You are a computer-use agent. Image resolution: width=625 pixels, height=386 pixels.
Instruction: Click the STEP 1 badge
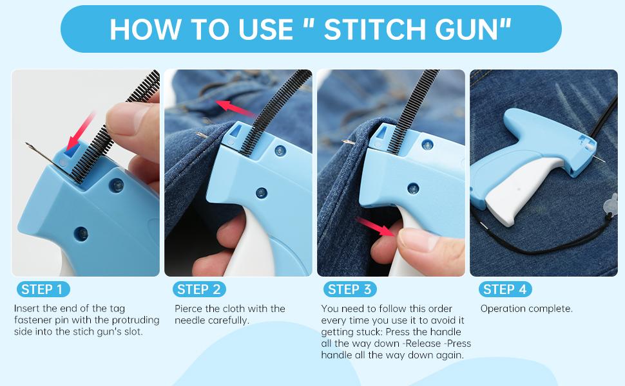(43, 289)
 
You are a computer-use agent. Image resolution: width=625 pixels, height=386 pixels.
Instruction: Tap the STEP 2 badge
(199, 289)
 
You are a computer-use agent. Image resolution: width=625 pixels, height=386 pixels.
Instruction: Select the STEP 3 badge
(350, 289)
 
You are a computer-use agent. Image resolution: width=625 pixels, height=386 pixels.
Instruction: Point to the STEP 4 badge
(505, 289)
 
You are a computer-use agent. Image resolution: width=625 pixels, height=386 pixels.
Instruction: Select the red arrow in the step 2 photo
(235, 108)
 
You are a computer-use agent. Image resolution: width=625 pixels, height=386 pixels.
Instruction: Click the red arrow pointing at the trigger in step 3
(375, 227)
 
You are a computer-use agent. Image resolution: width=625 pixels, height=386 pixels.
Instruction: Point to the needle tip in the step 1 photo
(26, 143)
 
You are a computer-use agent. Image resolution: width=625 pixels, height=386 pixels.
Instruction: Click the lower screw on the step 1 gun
(81, 234)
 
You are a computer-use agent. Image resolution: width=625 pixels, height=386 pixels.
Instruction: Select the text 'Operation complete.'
(526, 309)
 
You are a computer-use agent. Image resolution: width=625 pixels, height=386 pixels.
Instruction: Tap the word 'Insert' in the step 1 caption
(26, 308)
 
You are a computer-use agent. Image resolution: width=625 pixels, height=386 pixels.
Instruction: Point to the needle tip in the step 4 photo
(604, 161)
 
